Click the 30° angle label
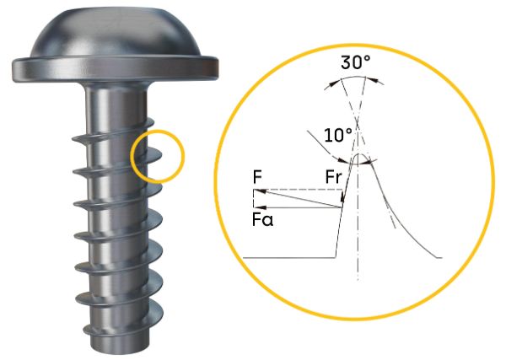[355, 62]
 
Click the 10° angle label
[338, 135]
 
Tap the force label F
[257, 177]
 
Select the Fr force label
[333, 177]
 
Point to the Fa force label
[262, 220]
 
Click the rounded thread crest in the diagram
[358, 157]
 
